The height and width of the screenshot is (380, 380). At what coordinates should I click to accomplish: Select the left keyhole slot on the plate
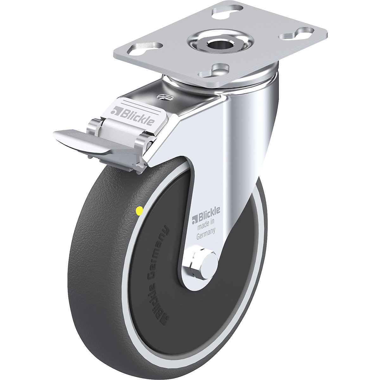pyautogui.click(x=145, y=48)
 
